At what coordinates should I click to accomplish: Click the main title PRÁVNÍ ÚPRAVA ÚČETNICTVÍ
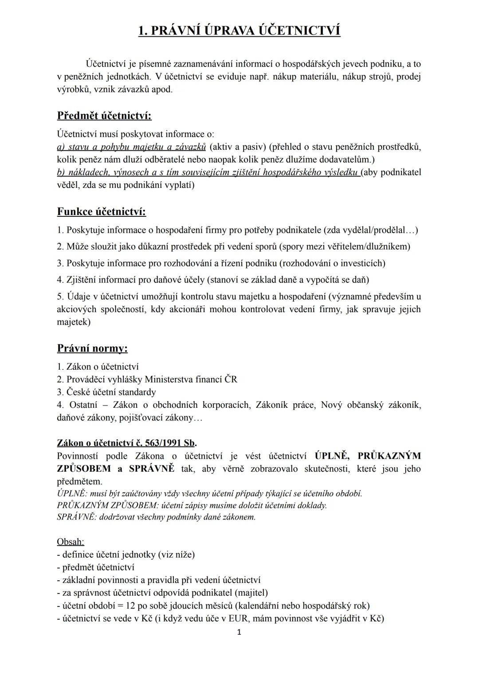tap(239, 31)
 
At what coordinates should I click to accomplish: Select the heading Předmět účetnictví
tap(104, 116)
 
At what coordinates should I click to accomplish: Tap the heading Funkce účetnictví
tap(102, 212)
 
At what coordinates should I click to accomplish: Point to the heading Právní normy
tap(92, 348)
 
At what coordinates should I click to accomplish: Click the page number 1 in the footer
tap(239, 633)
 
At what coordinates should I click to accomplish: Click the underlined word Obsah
tap(71, 542)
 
